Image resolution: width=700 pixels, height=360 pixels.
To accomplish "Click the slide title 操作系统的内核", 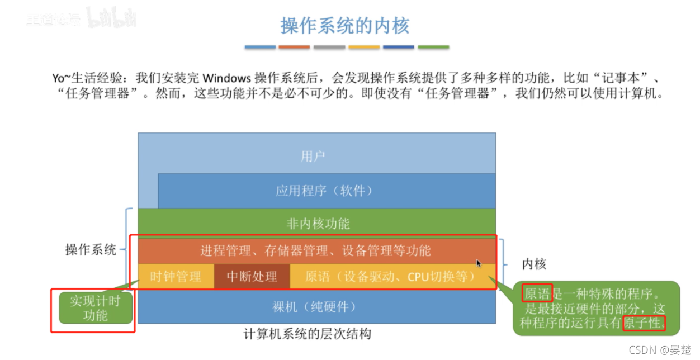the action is [344, 25].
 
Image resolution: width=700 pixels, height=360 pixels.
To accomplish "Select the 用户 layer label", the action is [313, 155].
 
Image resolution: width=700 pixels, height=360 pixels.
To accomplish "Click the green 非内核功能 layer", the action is [318, 224].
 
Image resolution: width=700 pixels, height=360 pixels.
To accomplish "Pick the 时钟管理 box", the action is [176, 277].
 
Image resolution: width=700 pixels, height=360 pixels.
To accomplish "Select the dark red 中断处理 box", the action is [252, 277].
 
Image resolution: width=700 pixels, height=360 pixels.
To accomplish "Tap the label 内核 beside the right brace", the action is [533, 264].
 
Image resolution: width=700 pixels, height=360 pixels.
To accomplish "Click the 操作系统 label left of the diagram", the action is [91, 249].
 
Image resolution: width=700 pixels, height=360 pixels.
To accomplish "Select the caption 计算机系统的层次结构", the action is [308, 334].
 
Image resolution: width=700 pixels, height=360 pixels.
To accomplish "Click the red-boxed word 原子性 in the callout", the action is [644, 323].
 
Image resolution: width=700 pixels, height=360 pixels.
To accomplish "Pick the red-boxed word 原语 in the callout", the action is [537, 292].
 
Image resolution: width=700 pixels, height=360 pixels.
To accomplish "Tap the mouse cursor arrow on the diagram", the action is [479, 263].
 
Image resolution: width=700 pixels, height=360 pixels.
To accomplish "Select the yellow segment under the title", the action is [364, 47].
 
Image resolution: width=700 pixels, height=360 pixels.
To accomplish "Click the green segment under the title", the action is [433, 47].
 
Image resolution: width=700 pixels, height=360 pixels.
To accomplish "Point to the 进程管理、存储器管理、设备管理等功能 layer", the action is [316, 250].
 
